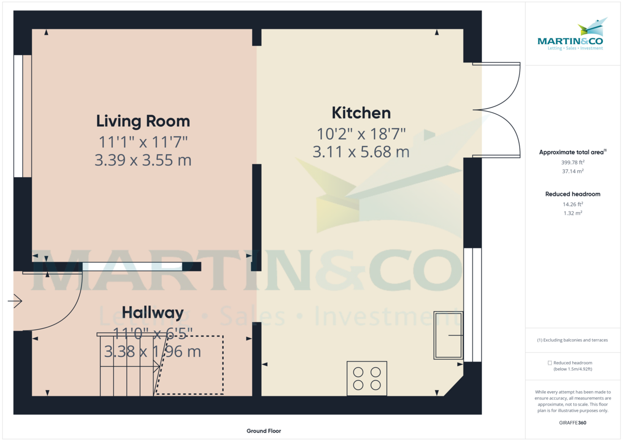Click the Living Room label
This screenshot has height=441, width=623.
point(143,122)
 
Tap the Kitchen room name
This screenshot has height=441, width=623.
point(361,113)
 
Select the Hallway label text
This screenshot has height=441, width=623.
point(153,313)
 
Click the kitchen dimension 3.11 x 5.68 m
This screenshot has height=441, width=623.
point(361,152)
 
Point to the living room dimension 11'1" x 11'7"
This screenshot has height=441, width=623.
point(143,141)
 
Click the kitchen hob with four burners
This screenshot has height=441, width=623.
point(367,378)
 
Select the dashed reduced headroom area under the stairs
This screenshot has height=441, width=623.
point(195,365)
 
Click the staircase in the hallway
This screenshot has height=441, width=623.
point(127,366)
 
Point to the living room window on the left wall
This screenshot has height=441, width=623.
point(19,116)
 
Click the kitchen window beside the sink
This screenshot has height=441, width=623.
point(468,304)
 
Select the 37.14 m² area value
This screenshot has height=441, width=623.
point(573,171)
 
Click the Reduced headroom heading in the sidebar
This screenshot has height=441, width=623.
point(573,194)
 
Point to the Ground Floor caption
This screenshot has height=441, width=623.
point(263,431)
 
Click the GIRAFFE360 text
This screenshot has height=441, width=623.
point(573,423)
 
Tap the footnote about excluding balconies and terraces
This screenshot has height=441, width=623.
point(573,340)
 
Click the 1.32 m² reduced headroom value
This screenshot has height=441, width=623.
point(573,213)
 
